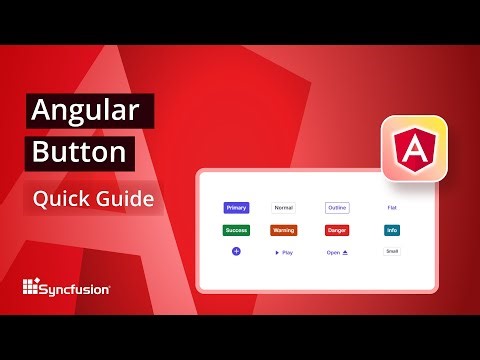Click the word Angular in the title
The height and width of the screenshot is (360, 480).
(x=89, y=111)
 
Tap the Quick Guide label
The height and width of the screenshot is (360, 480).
(x=93, y=198)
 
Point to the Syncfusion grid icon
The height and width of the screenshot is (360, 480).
(x=32, y=288)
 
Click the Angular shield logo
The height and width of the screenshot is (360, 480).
(x=413, y=151)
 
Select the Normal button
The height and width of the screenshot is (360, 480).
(x=284, y=208)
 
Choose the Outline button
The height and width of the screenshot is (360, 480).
(x=337, y=208)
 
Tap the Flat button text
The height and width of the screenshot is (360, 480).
(x=392, y=208)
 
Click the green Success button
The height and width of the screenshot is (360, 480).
(x=236, y=230)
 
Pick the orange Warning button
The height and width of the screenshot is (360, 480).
(x=284, y=230)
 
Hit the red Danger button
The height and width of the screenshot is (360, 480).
(x=337, y=230)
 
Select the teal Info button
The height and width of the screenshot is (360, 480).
(x=392, y=230)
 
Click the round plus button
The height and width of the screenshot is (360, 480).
(x=236, y=252)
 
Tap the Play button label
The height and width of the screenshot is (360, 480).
(x=288, y=253)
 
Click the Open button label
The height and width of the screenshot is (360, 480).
(x=333, y=253)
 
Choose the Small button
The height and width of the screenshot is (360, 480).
(x=392, y=251)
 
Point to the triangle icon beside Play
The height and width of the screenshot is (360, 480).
(x=277, y=253)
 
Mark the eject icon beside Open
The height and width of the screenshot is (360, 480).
(x=345, y=253)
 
